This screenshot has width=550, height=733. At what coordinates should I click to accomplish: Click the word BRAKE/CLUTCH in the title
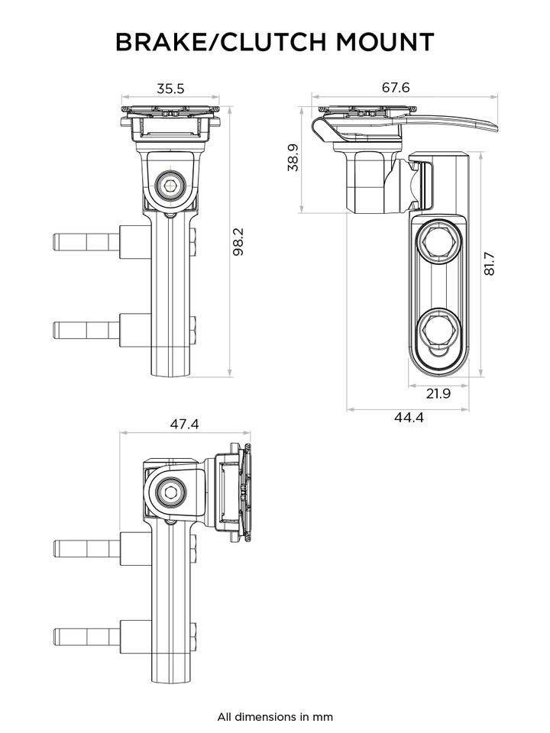tap(221, 42)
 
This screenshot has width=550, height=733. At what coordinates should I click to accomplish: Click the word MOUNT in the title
tap(385, 42)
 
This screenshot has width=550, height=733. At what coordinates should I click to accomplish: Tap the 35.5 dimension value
tap(170, 89)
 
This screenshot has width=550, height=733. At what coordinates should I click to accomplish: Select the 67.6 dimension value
tap(396, 87)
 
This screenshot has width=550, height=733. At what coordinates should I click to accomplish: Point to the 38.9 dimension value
tap(293, 157)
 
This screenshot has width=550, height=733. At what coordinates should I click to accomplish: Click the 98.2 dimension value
tap(238, 242)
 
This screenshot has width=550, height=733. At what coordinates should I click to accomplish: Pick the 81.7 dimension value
tap(489, 263)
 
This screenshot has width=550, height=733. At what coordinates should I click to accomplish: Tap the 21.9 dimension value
tap(438, 394)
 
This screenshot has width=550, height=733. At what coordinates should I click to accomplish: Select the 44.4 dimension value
tap(409, 418)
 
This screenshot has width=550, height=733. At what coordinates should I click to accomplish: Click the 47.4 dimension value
tap(184, 424)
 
